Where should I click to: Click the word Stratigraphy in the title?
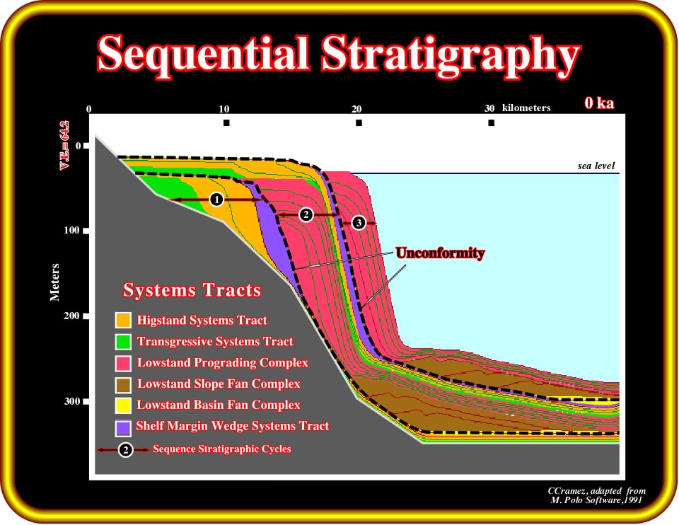click(451, 57)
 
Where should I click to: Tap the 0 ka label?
click(599, 103)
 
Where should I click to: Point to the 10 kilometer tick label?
click(224, 109)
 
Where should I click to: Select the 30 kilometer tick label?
click(489, 108)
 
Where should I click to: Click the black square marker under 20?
click(359, 123)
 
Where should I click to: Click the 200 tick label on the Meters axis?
click(72, 316)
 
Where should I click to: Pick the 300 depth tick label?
click(72, 401)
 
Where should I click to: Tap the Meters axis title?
click(54, 282)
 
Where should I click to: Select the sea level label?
click(596, 166)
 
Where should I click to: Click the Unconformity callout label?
click(440, 253)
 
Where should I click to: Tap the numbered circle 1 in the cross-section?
click(216, 200)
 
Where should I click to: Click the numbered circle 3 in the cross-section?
click(359, 223)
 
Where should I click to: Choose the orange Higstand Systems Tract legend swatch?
click(123, 320)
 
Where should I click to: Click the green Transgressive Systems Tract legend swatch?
click(123, 341)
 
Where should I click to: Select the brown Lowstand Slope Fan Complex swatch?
click(123, 384)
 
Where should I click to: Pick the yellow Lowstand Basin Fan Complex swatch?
click(123, 405)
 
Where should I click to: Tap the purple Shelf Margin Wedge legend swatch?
click(123, 428)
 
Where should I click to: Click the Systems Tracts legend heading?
click(192, 290)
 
